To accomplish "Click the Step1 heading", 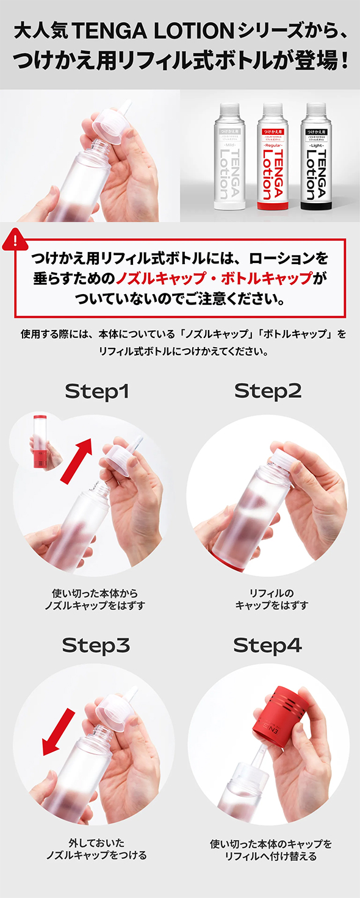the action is (x=97, y=391).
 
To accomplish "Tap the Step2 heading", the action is (x=268, y=391).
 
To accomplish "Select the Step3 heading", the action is (x=96, y=645).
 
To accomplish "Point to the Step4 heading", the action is (x=267, y=645).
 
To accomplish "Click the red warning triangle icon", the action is (x=15, y=240).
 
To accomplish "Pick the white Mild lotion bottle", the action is (x=226, y=156).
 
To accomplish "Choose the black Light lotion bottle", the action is (x=316, y=156).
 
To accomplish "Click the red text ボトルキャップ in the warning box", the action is (x=267, y=278).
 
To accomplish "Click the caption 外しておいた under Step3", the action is (x=96, y=843).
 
